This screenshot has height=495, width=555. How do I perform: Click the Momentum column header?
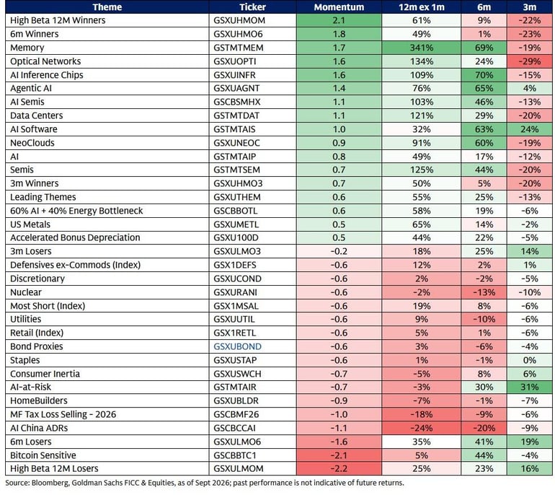tap(339, 7)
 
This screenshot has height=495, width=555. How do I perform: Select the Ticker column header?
tap(252, 7)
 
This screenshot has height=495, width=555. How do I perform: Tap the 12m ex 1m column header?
tap(421, 7)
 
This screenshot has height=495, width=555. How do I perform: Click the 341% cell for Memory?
tap(421, 48)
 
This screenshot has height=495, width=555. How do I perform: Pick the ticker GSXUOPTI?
tap(235, 61)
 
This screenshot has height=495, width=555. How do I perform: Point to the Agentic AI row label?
tap(31, 89)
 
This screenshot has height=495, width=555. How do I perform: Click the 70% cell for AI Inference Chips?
tap(484, 75)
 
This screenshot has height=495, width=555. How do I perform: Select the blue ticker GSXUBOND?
tap(238, 346)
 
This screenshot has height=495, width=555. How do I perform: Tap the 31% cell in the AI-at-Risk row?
tap(530, 387)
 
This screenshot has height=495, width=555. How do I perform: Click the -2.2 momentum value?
tap(339, 468)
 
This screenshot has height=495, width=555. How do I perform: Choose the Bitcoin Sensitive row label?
tap(43, 455)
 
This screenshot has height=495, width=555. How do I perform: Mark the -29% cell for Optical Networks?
tap(530, 61)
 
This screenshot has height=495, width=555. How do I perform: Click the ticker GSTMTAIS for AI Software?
tap(234, 129)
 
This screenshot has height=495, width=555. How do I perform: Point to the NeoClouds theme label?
tap(32, 143)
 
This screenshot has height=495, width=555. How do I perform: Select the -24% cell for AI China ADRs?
tap(421, 428)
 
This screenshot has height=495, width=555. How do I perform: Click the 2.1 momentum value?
tap(339, 20)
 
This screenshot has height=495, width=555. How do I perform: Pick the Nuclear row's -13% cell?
tap(484, 292)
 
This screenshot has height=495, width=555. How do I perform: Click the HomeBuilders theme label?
tap(39, 400)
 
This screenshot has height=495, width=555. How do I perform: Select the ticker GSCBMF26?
tap(236, 414)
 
